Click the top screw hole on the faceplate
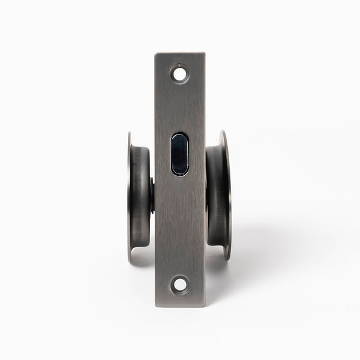179,74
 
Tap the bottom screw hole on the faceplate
179,285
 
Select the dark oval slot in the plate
179,154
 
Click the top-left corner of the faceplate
155,54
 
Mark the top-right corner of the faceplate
205,53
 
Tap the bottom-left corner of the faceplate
156,307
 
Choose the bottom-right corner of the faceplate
205,306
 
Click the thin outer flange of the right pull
226,195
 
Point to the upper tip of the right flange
223,131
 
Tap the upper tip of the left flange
130,134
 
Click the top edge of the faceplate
180,53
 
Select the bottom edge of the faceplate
180,307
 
